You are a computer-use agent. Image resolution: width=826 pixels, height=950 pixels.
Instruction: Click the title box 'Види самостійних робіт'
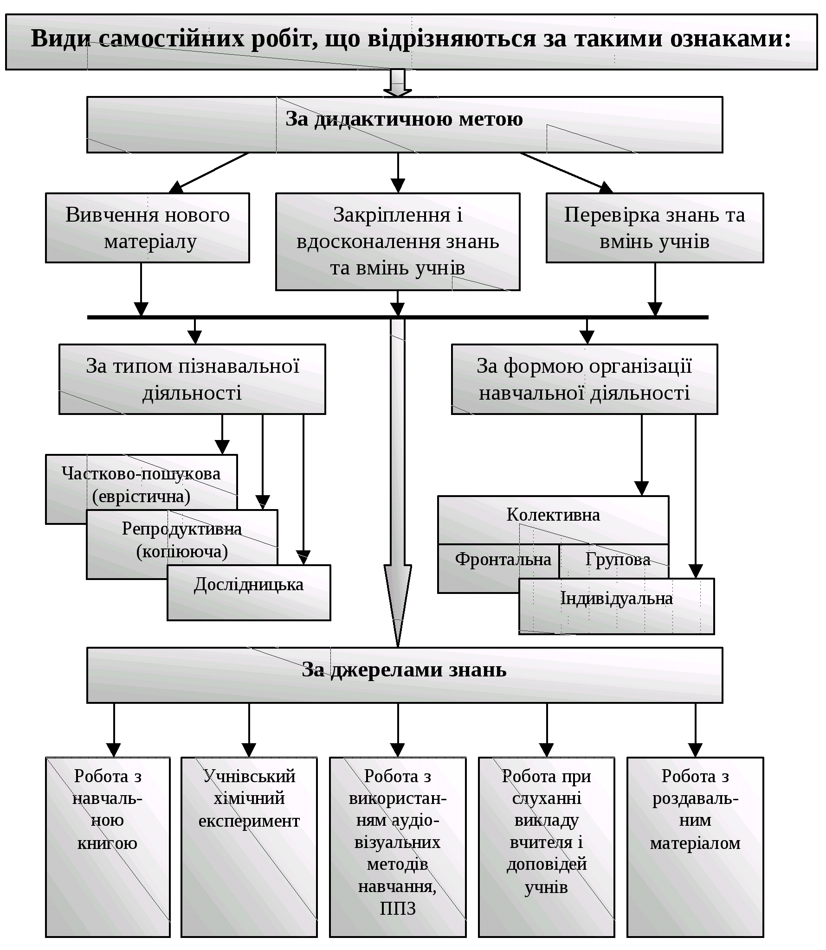click(411, 42)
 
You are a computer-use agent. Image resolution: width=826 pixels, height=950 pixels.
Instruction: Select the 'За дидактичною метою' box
click(404, 124)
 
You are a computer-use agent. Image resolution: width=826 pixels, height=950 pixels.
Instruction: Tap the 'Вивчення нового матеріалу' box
click(148, 228)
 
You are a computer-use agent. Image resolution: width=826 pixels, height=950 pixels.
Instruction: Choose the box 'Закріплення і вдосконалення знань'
click(398, 241)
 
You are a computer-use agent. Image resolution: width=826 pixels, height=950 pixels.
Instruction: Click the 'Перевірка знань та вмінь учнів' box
click(654, 228)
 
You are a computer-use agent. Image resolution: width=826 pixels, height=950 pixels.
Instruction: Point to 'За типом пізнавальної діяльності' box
click(192, 379)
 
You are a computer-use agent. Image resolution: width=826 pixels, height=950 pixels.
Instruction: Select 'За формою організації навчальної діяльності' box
click(584, 379)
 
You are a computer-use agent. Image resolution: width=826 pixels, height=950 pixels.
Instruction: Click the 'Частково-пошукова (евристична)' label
click(141, 485)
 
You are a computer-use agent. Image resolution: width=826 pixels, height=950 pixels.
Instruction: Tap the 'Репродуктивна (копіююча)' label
click(182, 540)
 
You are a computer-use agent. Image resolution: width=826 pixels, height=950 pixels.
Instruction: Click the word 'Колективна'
click(553, 515)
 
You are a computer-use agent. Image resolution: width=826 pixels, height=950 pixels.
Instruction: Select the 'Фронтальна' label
click(503, 560)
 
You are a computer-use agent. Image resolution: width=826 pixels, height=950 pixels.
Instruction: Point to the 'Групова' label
click(618, 560)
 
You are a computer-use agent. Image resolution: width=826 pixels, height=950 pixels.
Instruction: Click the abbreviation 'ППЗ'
click(398, 909)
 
